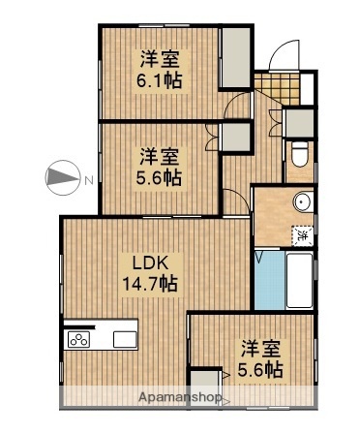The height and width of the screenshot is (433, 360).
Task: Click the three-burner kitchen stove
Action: pos(78,339)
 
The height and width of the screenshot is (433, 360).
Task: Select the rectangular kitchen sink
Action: pos(126,339)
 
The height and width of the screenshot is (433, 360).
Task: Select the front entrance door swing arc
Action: pos(284,55)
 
